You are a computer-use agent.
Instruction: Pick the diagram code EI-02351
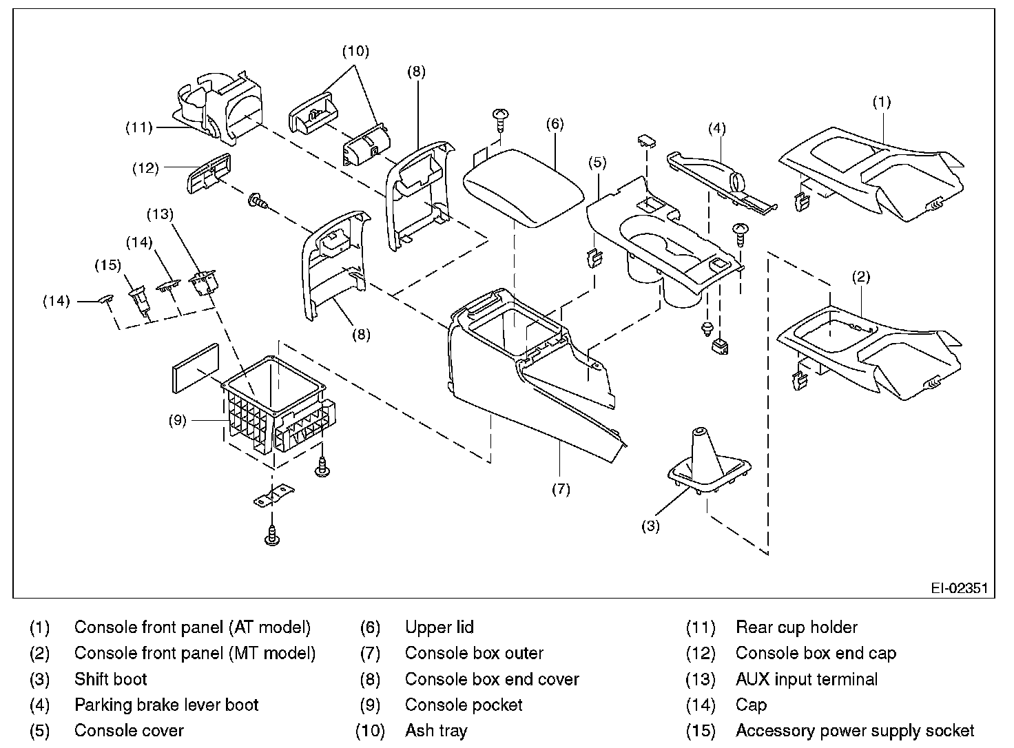959,588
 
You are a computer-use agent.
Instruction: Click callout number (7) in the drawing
561,490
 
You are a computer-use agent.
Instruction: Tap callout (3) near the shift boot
650,527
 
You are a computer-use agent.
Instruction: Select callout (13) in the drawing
160,214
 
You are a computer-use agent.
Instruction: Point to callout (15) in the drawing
107,265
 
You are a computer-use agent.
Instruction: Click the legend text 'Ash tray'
436,731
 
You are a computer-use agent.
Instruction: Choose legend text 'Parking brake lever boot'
166,705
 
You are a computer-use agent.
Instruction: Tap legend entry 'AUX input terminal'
807,679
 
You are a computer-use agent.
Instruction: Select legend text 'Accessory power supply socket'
855,731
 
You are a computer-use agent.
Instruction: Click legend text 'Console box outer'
474,653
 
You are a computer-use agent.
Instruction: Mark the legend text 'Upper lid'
439,627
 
